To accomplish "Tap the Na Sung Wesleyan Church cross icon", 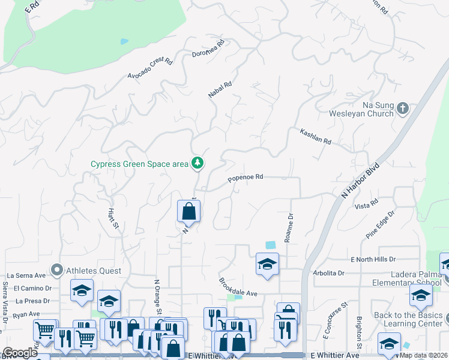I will pyautogui.click(x=402, y=109).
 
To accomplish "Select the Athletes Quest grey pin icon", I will pyautogui.click(x=57, y=271).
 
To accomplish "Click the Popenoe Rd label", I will pyautogui.click(x=246, y=178).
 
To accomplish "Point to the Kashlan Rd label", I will pyautogui.click(x=316, y=137).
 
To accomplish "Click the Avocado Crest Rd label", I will pyautogui.click(x=150, y=69).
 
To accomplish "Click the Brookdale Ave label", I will pyautogui.click(x=238, y=287).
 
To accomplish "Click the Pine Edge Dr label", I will pyautogui.click(x=380, y=223).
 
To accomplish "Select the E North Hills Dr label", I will pyautogui.click(x=373, y=259).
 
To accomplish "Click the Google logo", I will pyautogui.click(x=20, y=353).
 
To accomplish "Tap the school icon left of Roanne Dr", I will pyautogui.click(x=267, y=263).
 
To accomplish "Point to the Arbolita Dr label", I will pyautogui.click(x=328, y=272).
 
